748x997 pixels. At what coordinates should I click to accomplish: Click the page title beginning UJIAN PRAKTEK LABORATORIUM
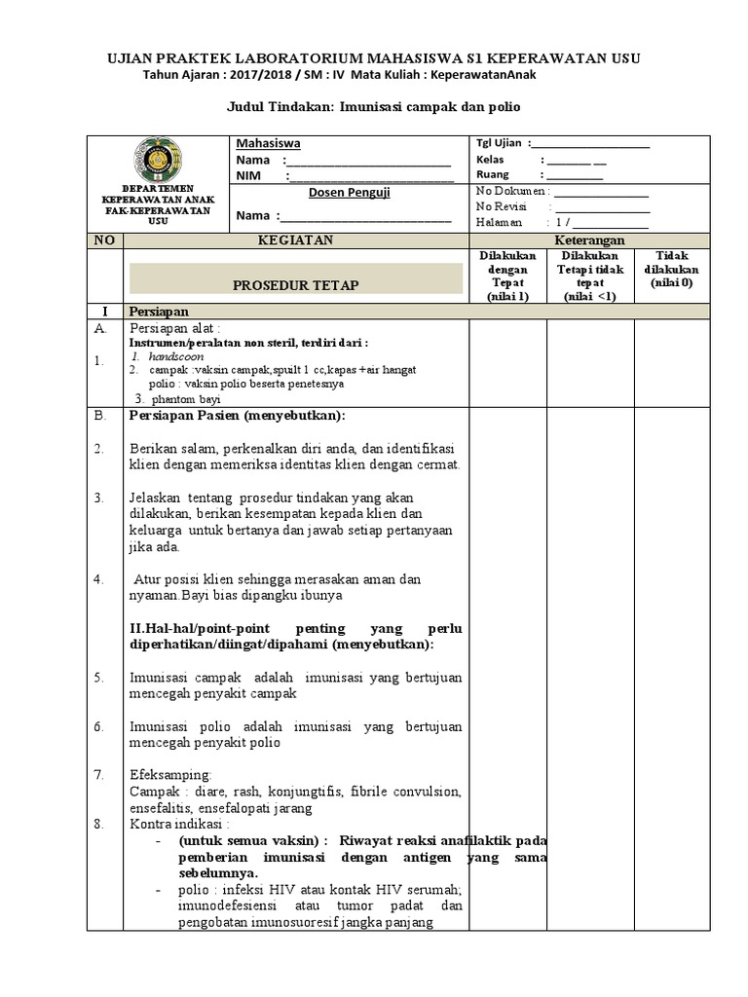pyautogui.click(x=374, y=58)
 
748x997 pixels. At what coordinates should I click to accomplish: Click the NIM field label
pyautogui.click(x=248, y=176)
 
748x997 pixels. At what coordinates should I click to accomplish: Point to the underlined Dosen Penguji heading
pyautogui.click(x=349, y=193)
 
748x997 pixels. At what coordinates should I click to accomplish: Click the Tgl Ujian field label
pyautogui.click(x=499, y=142)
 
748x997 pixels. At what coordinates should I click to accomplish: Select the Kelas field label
pyautogui.click(x=491, y=160)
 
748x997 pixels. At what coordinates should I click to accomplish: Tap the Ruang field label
pyautogui.click(x=493, y=175)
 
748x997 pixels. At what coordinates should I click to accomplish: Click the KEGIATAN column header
pyautogui.click(x=295, y=240)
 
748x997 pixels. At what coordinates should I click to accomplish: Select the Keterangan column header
pyautogui.click(x=589, y=240)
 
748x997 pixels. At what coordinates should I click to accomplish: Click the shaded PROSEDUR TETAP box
pyautogui.click(x=295, y=284)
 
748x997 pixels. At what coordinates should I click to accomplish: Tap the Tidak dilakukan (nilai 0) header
pyautogui.click(x=671, y=269)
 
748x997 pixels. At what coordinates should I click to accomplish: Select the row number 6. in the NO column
pyautogui.click(x=99, y=726)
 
